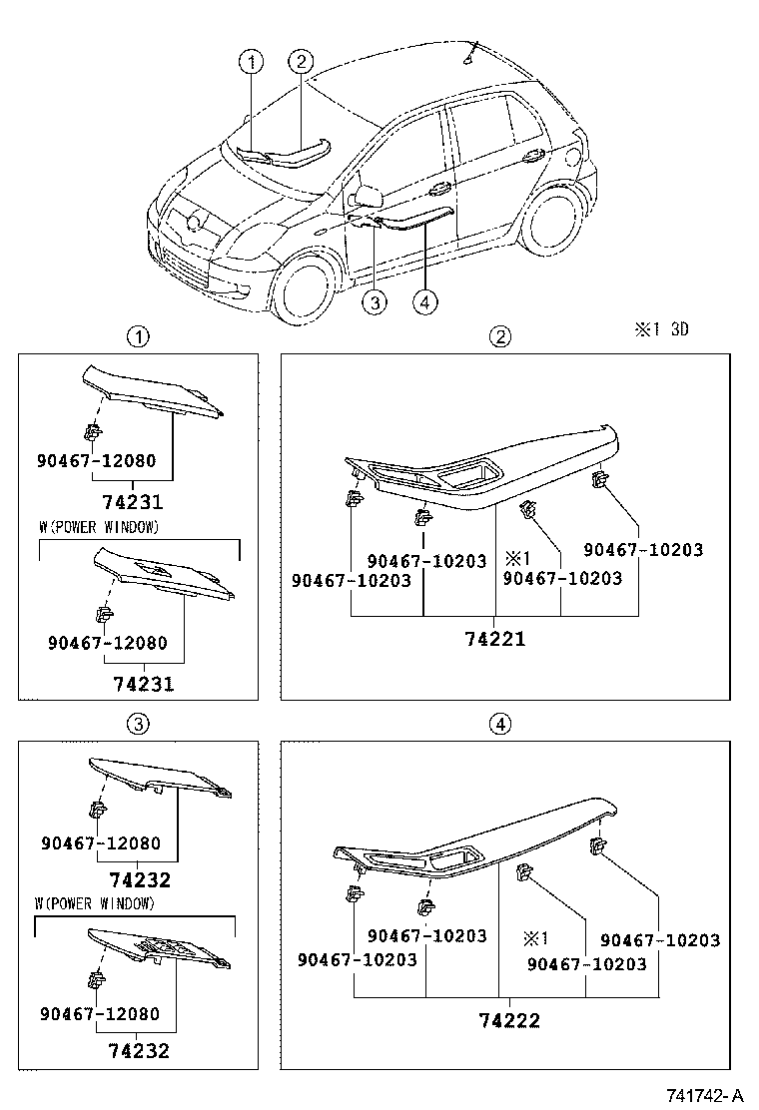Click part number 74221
coord(494,638)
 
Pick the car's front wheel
coord(308,288)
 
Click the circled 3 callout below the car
coord(374,302)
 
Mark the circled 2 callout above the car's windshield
coord(302,62)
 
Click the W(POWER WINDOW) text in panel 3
coord(95,904)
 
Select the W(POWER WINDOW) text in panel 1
coord(98,527)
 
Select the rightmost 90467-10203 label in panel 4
coord(660,940)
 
